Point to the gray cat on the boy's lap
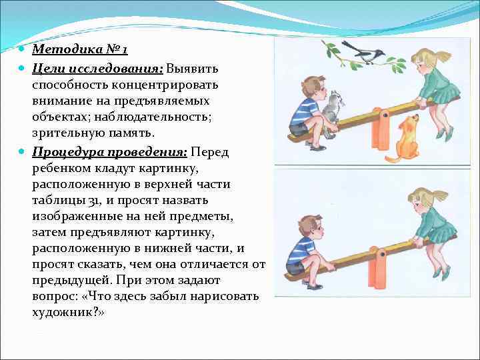[x=332, y=107]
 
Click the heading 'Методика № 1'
[x=79, y=50]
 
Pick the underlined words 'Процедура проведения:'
[x=107, y=152]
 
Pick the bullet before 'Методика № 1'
[x=23, y=50]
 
